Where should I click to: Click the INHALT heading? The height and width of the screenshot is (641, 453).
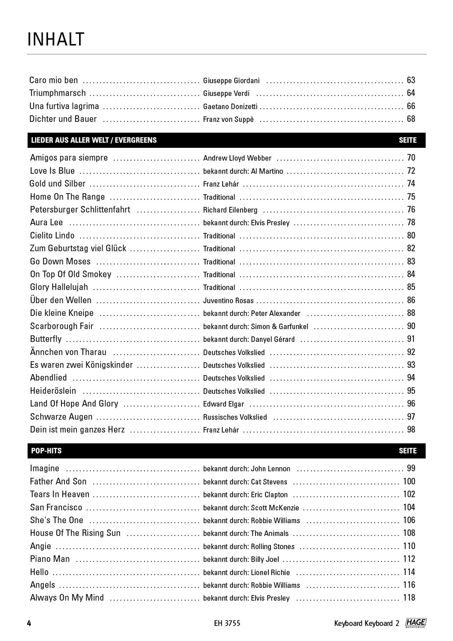(56, 39)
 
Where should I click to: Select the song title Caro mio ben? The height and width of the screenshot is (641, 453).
(54, 80)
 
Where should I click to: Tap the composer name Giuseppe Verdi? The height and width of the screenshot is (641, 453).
(226, 94)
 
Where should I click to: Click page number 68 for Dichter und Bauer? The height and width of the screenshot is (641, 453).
(411, 119)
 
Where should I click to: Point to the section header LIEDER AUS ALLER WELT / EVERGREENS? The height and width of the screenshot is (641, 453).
(94, 140)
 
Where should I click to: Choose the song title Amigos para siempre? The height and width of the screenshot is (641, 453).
(69, 158)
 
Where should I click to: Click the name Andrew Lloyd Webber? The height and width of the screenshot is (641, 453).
(237, 158)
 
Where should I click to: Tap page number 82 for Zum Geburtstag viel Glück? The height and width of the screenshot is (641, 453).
(411, 248)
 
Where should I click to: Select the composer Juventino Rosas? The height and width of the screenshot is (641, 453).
(228, 300)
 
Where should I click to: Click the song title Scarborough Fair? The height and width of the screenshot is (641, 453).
(62, 326)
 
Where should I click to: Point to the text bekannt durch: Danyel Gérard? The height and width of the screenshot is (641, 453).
(249, 339)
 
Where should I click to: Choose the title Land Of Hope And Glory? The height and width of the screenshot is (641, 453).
(74, 404)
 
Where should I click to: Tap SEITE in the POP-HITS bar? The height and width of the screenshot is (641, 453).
(407, 451)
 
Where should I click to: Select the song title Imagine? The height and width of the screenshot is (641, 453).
(44, 468)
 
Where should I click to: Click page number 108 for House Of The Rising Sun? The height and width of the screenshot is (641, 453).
(409, 533)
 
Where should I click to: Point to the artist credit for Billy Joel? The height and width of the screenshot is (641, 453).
(241, 559)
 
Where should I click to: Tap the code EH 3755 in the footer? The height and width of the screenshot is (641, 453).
(227, 623)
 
